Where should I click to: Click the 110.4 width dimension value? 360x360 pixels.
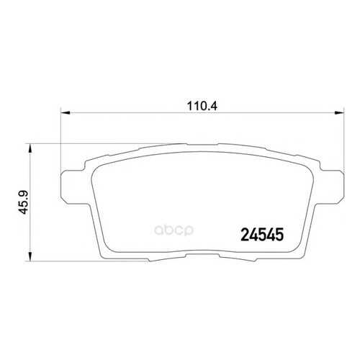point(202,106)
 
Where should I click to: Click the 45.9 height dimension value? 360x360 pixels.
point(24,202)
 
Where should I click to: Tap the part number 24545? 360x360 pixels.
point(262,235)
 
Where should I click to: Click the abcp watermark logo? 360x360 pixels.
point(174,230)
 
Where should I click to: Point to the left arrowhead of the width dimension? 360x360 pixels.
point(66,112)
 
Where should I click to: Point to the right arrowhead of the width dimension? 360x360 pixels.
point(339,112)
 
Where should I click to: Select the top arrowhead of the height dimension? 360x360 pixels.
point(30,148)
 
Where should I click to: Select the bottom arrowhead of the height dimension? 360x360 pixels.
point(30,256)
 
